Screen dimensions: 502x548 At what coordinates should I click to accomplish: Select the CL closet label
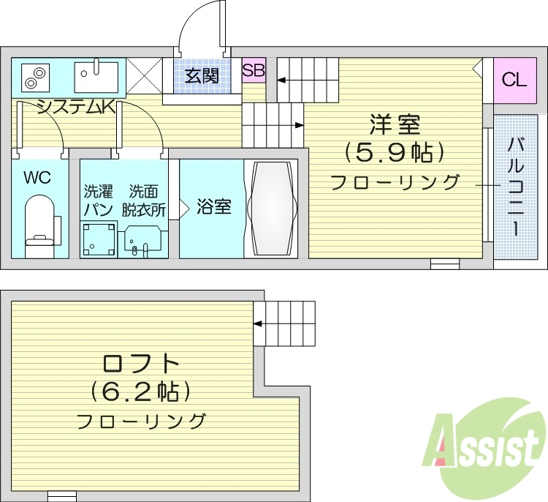click(x=514, y=80)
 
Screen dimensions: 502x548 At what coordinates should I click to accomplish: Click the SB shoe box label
click(x=254, y=71)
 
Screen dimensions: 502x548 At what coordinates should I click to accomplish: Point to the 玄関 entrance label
click(x=201, y=76)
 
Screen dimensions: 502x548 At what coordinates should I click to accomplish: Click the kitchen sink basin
click(x=96, y=75)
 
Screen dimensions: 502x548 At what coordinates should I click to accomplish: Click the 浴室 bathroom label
click(x=213, y=207)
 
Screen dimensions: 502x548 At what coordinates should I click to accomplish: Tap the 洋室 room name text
click(x=394, y=124)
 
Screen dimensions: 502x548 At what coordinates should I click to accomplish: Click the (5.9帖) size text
click(x=395, y=152)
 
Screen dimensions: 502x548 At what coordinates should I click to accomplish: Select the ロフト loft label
click(x=141, y=362)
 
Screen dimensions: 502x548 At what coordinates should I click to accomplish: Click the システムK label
click(x=75, y=108)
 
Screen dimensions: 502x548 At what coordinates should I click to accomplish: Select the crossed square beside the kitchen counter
click(x=144, y=75)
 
